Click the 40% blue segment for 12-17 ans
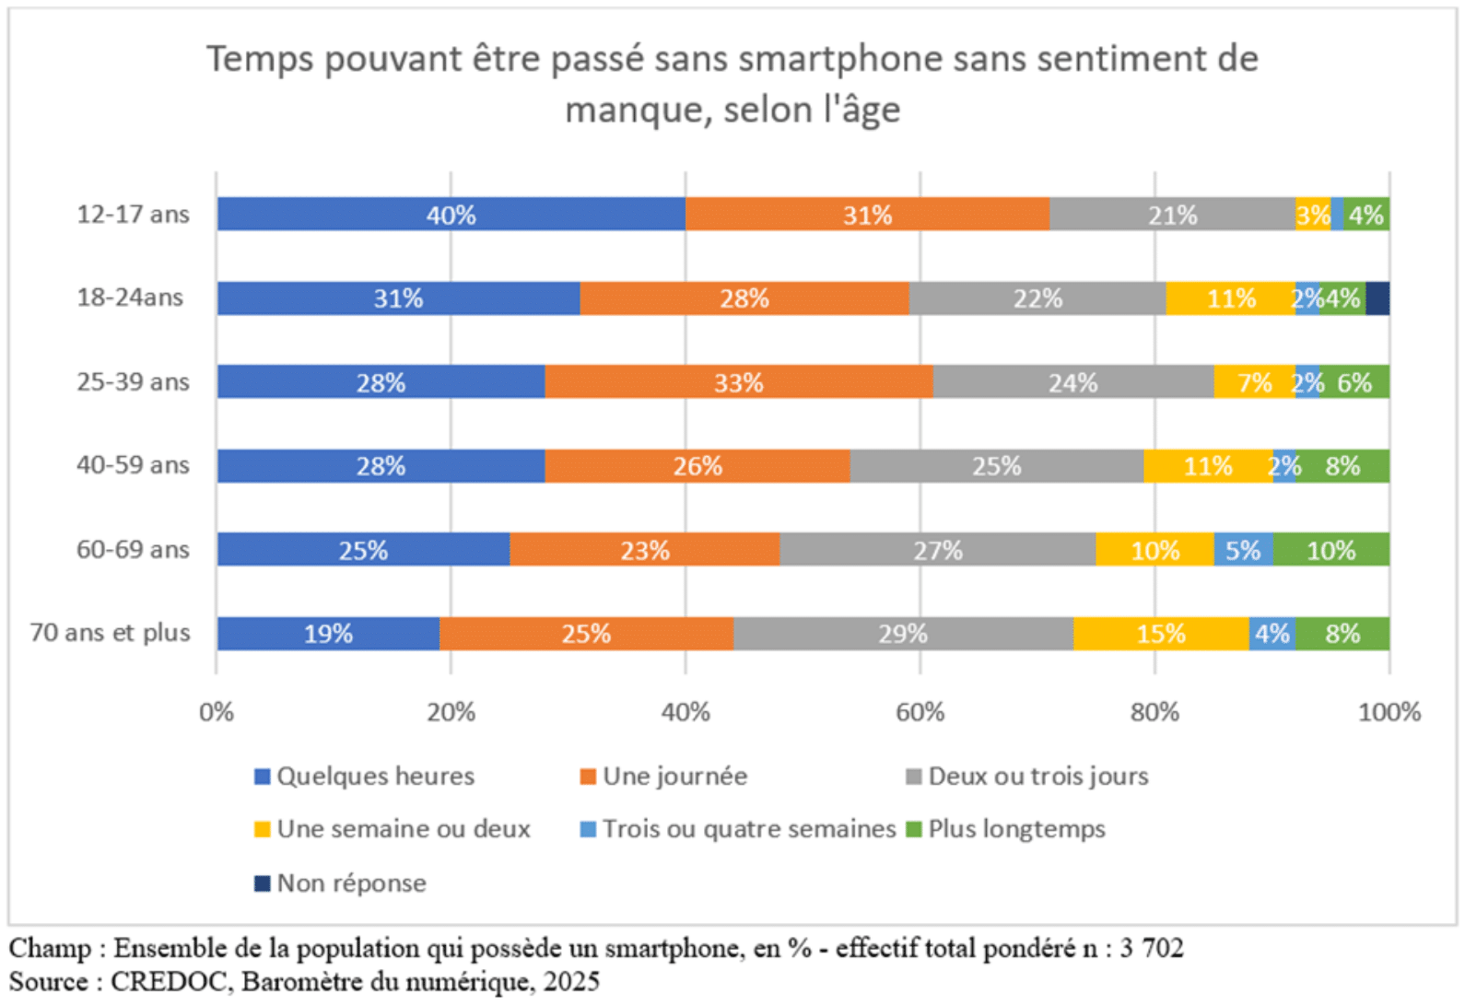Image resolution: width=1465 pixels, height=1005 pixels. click(x=451, y=214)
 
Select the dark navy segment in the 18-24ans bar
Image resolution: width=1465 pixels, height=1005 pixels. click(x=1377, y=298)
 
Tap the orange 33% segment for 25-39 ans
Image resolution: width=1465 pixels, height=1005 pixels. click(x=738, y=382)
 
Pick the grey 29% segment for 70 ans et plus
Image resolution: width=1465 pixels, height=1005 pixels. click(x=902, y=634)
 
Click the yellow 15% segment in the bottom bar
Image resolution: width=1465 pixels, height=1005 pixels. click(x=1160, y=634)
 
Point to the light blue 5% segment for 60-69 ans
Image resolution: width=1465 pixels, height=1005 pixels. click(x=1242, y=550)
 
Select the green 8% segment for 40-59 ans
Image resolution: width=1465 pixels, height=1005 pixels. click(x=1342, y=466)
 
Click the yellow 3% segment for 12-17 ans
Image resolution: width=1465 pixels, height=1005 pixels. click(x=1312, y=214)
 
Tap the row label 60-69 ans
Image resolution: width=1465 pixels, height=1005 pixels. click(x=133, y=550)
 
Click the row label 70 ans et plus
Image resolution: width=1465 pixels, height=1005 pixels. click(x=110, y=633)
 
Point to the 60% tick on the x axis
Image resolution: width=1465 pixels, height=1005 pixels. click(x=920, y=712)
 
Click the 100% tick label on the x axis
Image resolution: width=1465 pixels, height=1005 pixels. click(x=1389, y=712)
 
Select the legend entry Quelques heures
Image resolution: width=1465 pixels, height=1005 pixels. click(x=375, y=777)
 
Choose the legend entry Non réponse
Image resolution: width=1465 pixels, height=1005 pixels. click(x=351, y=883)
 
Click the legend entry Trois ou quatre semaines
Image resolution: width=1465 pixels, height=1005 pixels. click(x=748, y=829)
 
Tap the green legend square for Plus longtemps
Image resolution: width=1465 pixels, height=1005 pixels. click(x=913, y=829)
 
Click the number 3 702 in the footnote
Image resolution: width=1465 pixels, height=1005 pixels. click(x=1151, y=948)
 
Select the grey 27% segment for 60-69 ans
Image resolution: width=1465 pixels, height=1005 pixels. click(x=937, y=550)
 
